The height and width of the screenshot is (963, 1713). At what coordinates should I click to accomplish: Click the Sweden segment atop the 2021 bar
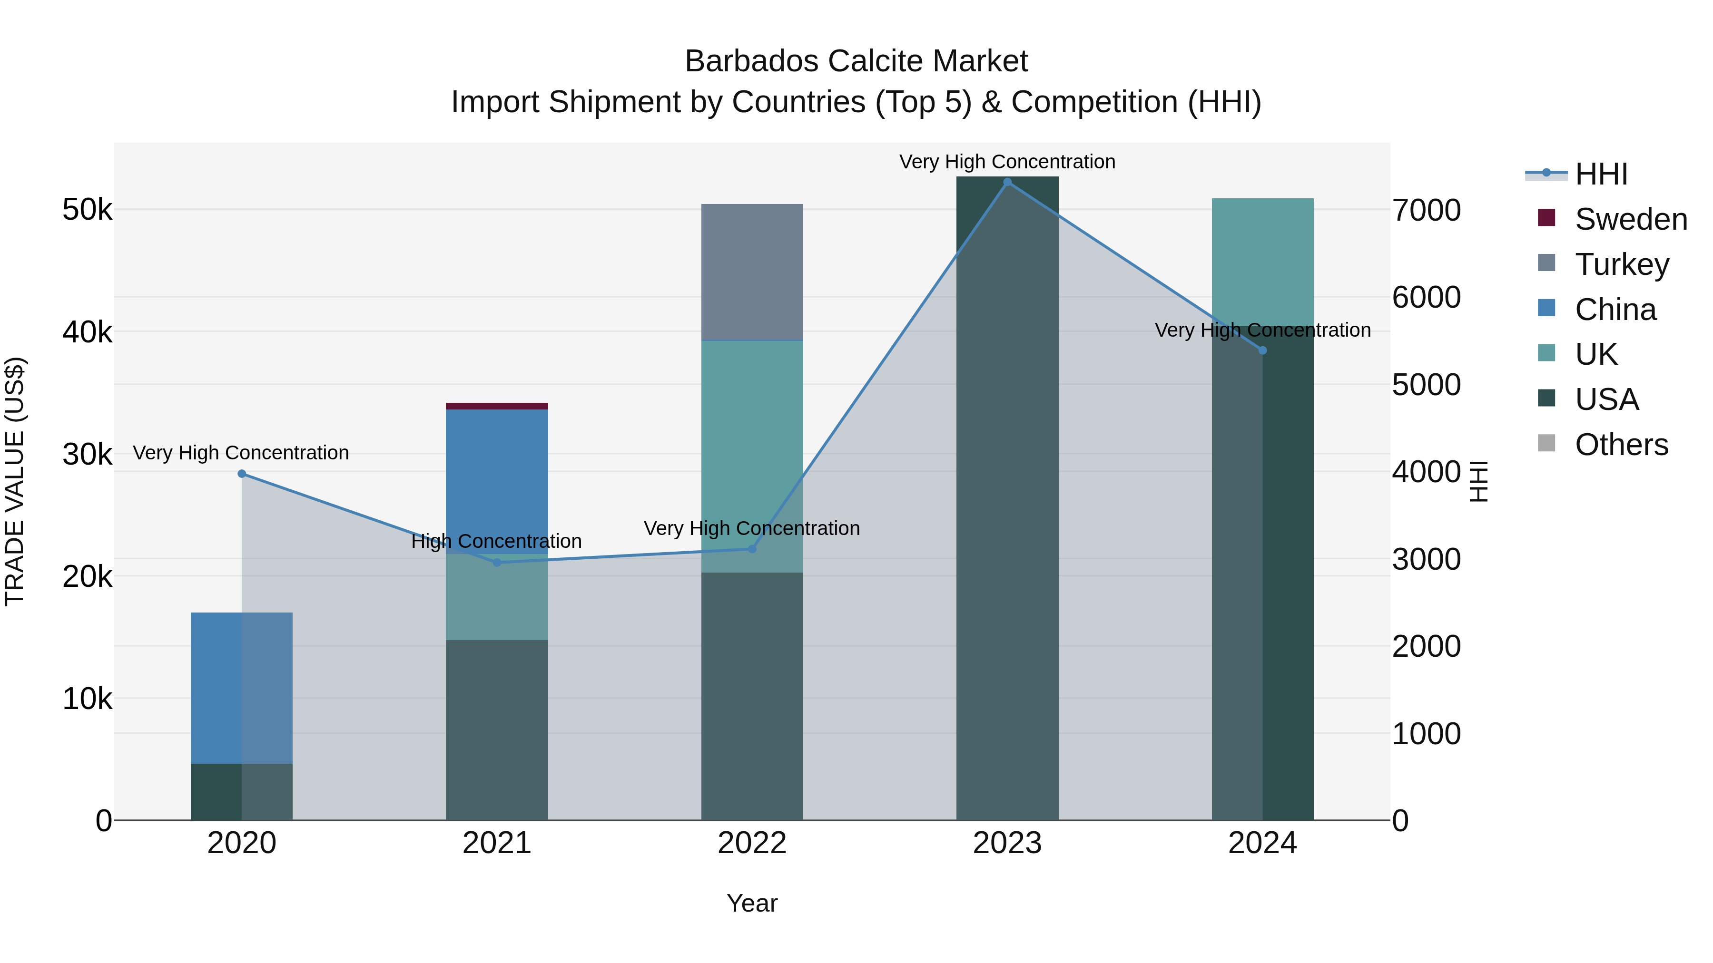coord(497,406)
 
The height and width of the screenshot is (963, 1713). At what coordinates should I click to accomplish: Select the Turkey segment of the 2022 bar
coord(752,272)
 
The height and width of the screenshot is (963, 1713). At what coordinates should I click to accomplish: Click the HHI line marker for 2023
coord(1007,182)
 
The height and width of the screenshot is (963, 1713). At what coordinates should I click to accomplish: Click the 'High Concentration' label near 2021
coord(496,541)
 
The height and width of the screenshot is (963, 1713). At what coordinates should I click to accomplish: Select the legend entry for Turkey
coord(1621,264)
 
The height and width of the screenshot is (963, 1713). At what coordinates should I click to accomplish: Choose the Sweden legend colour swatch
coord(1546,218)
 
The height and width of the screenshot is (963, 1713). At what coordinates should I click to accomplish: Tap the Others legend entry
coord(1621,445)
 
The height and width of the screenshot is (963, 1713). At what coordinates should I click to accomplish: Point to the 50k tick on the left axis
coord(87,210)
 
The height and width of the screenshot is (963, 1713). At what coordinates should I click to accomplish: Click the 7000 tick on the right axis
coord(1427,210)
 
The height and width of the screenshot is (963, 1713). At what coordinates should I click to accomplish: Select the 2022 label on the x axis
coord(752,843)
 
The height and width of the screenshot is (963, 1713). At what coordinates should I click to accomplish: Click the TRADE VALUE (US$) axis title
coord(15,481)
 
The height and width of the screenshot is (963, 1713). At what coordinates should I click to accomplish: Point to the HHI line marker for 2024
coord(1262,350)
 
